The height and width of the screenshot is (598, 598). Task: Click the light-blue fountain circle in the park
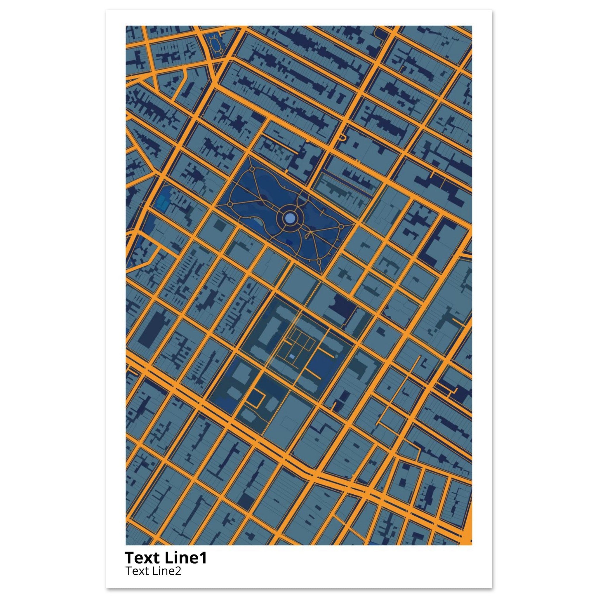tap(290, 218)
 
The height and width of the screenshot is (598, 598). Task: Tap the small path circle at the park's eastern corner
tap(341, 227)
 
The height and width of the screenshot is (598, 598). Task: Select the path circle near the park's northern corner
tap(252, 170)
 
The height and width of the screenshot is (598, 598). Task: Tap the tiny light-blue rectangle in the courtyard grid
tap(292, 357)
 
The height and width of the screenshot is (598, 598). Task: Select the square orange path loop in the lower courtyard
tap(257, 399)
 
